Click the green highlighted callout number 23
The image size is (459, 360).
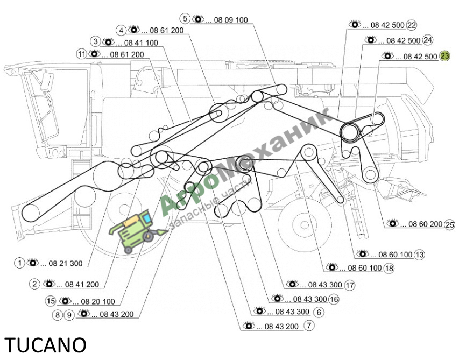[x=444, y=56]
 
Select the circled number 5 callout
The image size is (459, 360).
[x=185, y=19]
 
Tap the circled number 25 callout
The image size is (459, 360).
[x=449, y=224]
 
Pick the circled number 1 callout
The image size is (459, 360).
[x=19, y=263]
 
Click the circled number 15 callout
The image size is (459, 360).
[x=51, y=301]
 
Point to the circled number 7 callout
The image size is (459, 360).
[x=309, y=326]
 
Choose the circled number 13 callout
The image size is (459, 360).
[x=419, y=255]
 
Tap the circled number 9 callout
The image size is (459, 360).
[x=69, y=315]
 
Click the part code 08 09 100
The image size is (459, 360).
[x=231, y=20]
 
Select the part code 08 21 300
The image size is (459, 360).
[x=66, y=264]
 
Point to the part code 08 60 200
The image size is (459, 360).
[x=425, y=224]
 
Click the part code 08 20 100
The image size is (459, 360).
[x=98, y=301]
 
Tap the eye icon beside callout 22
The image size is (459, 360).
[x=355, y=24]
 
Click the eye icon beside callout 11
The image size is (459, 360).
[x=94, y=54]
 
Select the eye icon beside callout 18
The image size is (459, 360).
[x=332, y=267]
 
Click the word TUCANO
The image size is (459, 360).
[x=45, y=345]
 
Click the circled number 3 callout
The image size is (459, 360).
[x=95, y=41]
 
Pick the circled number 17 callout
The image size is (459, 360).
[x=350, y=285]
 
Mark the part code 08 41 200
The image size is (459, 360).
[x=82, y=284]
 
